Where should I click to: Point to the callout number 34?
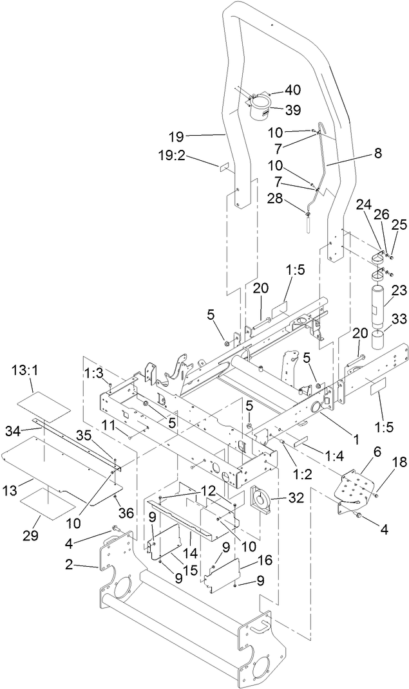pos(14,429)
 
